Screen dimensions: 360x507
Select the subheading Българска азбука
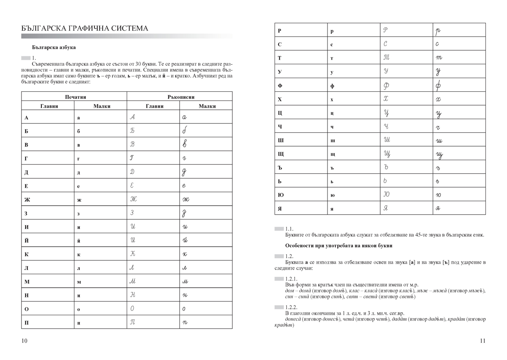(x=54, y=48)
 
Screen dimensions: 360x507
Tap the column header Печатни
(x=74, y=97)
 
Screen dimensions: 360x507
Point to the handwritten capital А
(x=132, y=117)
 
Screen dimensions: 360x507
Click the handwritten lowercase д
(x=184, y=172)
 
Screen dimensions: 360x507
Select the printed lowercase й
(x=79, y=240)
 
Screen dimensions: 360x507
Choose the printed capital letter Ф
(x=280, y=86)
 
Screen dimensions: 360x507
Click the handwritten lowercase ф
(x=438, y=86)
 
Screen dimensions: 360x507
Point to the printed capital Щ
(x=281, y=154)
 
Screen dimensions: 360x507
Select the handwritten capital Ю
(x=386, y=195)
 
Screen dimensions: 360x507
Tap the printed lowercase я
(x=332, y=209)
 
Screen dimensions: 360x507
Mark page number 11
(x=482, y=341)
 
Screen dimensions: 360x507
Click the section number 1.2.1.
(x=292, y=279)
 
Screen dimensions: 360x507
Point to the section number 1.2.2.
(x=292, y=307)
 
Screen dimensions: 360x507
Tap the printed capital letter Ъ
(x=280, y=168)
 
